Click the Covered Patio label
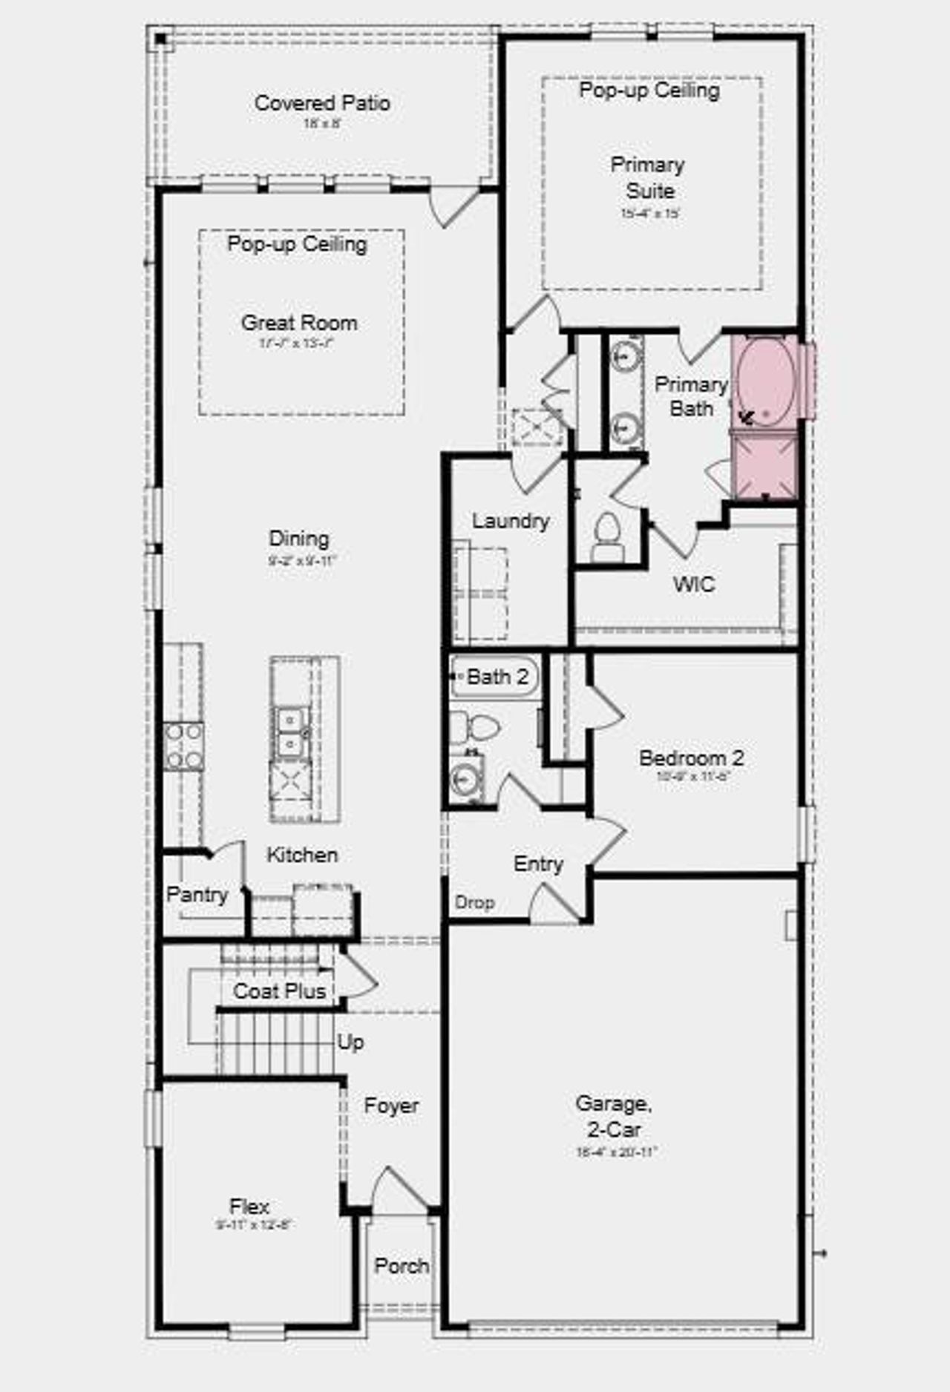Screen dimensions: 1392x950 pos(322,103)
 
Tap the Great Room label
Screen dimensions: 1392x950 pos(299,323)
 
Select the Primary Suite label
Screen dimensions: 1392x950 pos(648,177)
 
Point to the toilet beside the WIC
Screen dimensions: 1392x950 pos(608,535)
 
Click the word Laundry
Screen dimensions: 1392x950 pos(511,521)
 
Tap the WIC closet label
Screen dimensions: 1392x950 pos(694,584)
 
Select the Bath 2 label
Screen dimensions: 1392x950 pos(497,677)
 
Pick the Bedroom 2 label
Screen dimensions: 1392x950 pos(691,758)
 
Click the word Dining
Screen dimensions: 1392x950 pos(299,539)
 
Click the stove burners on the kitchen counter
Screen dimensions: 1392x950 pos(183,746)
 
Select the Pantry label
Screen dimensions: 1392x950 pos(197,894)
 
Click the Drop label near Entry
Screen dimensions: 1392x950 pos(474,902)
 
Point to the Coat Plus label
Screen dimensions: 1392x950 pos(279,991)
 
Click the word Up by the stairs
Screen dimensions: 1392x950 pos(350,1042)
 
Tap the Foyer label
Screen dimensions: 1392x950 pos(391,1106)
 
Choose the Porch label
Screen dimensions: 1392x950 pos(401,1265)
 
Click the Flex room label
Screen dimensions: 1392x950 pos(249,1206)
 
